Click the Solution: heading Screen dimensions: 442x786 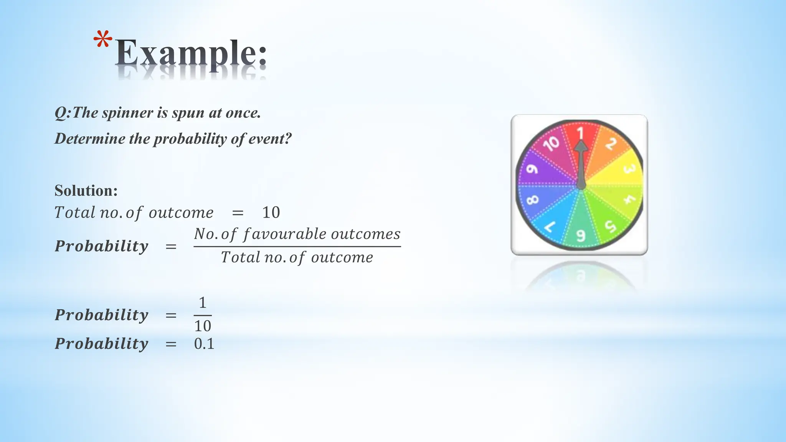coord(86,191)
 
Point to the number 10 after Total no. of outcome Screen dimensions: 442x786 coord(271,213)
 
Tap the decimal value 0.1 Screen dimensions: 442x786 coord(204,344)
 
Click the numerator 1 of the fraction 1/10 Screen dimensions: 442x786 coord(203,303)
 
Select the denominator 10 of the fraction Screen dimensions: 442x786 coord(203,326)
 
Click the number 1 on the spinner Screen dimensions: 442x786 coord(581,133)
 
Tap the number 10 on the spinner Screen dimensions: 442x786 coord(552,143)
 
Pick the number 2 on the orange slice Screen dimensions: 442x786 coord(611,143)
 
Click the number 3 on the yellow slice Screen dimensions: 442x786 coord(629,168)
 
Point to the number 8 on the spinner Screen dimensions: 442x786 coord(532,200)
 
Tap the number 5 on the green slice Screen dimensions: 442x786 coord(610,226)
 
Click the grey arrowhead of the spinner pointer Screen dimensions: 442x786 coord(581,147)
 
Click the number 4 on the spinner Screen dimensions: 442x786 coord(629,199)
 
